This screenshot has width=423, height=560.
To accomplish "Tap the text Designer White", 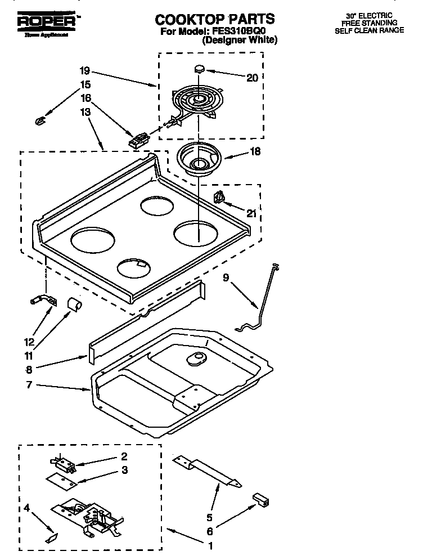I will [x=240, y=41].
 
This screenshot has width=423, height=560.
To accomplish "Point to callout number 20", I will [x=252, y=78].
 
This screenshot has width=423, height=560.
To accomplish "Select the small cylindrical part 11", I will [x=73, y=304].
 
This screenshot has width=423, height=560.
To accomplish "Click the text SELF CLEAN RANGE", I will [x=369, y=30].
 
